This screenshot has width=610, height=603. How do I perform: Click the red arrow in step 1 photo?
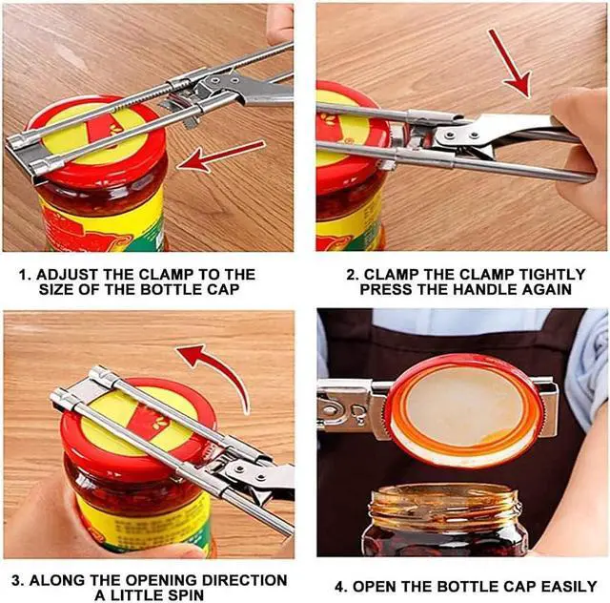[220, 156]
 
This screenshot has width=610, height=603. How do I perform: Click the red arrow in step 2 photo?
[510, 63]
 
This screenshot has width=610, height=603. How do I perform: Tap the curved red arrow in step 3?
[219, 374]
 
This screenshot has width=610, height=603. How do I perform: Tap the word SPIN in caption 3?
[184, 595]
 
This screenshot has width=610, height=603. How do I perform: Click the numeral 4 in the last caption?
[340, 587]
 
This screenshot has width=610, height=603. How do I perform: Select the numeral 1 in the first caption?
[23, 275]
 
